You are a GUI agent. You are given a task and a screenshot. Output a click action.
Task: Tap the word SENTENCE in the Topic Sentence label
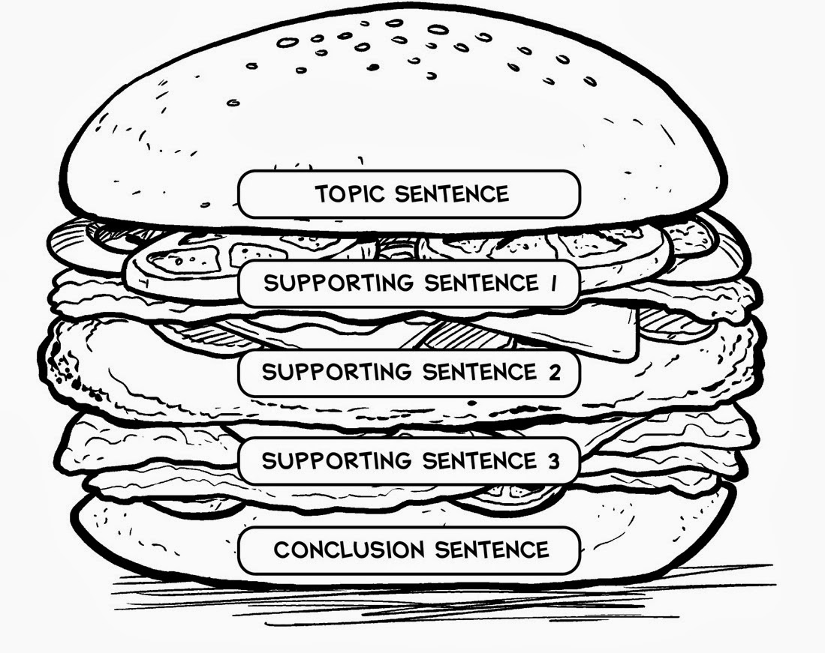452,194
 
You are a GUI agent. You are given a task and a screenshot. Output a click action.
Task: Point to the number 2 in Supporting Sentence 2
555,373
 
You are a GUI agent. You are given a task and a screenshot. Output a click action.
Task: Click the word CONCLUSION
349,550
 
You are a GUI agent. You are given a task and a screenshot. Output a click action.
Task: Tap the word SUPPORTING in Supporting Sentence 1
339,283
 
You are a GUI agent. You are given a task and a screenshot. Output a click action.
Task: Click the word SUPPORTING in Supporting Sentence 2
337,372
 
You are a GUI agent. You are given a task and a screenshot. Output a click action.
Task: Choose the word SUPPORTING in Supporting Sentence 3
337,461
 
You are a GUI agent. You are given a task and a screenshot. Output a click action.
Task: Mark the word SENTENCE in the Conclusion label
492,550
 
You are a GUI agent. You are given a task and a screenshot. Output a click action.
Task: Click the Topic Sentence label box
409,194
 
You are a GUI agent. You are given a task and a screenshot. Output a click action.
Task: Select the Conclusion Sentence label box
409,550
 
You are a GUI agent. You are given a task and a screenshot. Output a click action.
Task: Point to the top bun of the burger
395,105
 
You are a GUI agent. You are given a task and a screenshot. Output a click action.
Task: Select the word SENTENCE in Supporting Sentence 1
481,283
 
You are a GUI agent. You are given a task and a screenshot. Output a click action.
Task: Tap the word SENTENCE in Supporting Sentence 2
480,372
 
